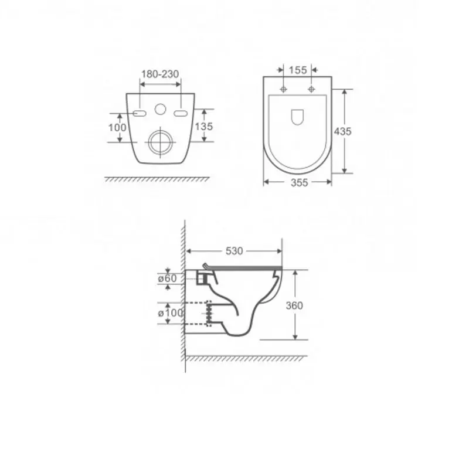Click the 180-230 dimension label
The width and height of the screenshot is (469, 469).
click(x=160, y=74)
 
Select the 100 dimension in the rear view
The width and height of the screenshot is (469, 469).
click(x=117, y=127)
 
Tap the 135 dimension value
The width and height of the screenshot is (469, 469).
click(x=204, y=126)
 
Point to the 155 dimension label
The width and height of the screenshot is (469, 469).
click(x=298, y=70)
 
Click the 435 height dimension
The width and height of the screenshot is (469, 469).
click(x=343, y=131)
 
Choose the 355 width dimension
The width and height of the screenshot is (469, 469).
click(x=299, y=182)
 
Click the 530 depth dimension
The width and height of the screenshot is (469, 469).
click(x=234, y=251)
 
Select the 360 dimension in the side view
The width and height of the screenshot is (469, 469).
click(x=295, y=305)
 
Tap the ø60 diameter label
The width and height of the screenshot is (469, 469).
click(x=168, y=278)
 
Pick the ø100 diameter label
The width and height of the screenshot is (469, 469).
click(x=171, y=313)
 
